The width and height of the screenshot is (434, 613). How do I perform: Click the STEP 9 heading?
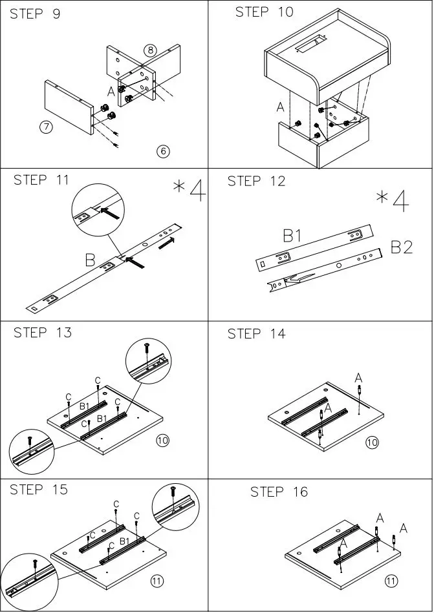[35, 14]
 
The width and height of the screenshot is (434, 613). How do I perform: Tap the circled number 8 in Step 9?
[149, 50]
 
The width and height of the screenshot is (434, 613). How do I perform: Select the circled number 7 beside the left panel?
[46, 127]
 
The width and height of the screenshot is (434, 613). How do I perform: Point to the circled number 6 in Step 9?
[162, 151]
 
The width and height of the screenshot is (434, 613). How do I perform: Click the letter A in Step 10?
[280, 107]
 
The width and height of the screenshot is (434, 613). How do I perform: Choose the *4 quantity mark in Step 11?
[190, 191]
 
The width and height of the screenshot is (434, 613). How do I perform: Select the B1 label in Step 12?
[293, 236]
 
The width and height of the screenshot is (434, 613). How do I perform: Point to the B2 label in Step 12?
[401, 247]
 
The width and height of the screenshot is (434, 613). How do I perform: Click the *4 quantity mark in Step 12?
[393, 200]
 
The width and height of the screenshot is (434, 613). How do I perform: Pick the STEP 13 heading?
[43, 333]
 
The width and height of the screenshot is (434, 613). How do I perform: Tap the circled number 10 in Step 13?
[162, 441]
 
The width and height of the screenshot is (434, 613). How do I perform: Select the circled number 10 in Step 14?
[372, 442]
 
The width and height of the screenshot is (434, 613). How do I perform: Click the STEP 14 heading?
[256, 334]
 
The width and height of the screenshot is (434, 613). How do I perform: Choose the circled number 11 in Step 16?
[391, 581]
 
